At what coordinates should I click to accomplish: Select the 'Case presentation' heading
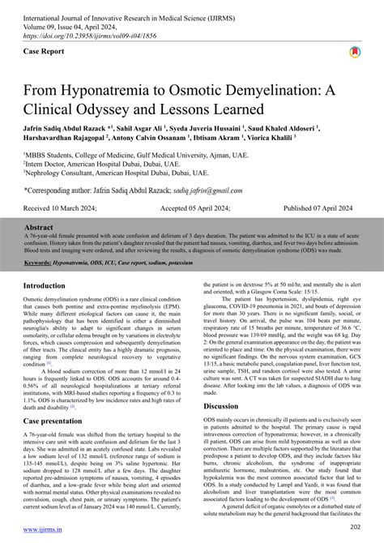click(65, 421)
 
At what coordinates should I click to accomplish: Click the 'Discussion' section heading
click(221, 405)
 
